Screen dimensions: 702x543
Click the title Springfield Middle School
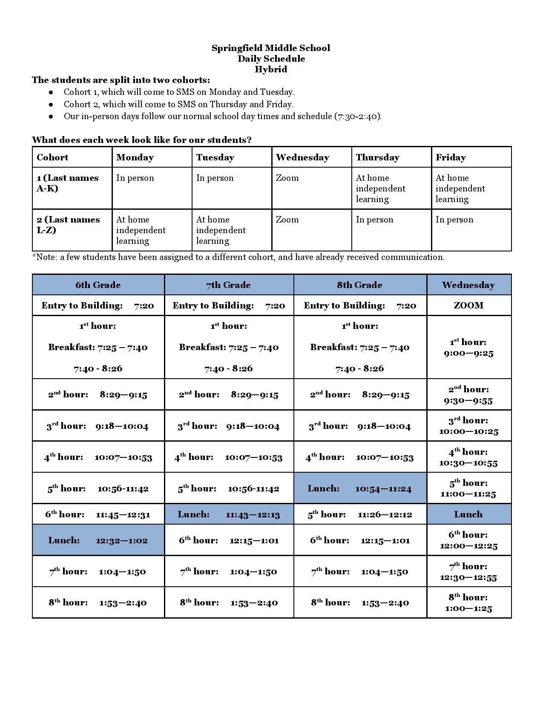coord(271,48)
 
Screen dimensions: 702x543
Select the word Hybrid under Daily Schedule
coord(271,69)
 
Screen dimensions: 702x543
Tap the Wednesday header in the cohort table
coord(302,157)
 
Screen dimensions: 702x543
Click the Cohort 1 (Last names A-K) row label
coord(68,183)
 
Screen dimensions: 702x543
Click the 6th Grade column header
coord(98,285)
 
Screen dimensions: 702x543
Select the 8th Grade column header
coord(359,285)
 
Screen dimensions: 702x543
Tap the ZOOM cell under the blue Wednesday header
coord(468,305)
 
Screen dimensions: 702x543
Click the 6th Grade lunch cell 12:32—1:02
coord(98,540)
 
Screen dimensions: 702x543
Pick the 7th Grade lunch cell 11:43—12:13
coord(229,514)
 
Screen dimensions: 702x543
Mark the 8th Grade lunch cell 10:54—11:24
coord(359,488)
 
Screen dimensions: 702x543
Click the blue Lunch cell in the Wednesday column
coord(468,514)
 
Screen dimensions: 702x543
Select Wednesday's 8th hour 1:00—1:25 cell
coord(468,603)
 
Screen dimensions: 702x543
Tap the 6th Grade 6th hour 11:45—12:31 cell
coord(98,514)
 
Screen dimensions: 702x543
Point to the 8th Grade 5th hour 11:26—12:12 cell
coord(359,514)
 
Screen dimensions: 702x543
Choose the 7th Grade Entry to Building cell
coord(229,305)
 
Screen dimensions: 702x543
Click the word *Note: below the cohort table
coord(45,257)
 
